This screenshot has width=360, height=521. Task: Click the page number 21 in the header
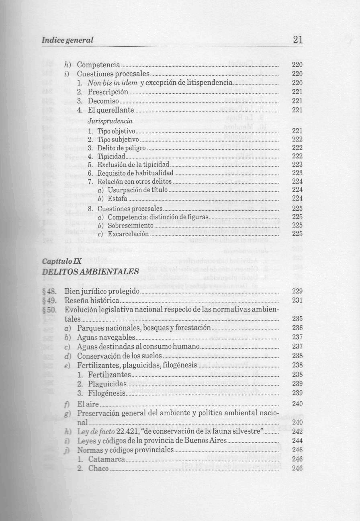tap(298, 40)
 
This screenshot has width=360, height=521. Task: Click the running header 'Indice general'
tap(67, 40)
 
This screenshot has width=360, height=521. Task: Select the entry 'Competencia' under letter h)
tap(98, 65)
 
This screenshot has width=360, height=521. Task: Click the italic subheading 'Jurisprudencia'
tap(110, 121)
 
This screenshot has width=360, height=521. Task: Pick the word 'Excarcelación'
tap(128, 234)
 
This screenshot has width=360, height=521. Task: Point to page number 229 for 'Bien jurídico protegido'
tap(297, 291)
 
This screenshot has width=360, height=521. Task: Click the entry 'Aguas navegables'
tap(106, 337)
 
